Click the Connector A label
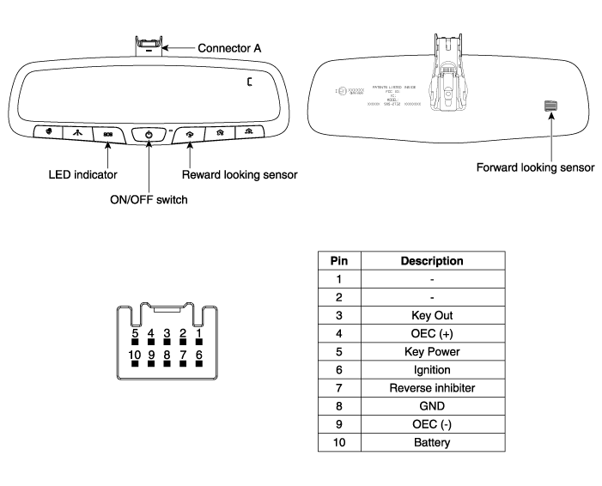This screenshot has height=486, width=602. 231,47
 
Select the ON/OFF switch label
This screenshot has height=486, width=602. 149,200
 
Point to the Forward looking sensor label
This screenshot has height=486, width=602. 535,167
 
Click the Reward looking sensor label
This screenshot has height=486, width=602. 240,174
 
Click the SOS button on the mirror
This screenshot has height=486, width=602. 108,134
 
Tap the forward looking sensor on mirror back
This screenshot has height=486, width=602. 550,106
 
